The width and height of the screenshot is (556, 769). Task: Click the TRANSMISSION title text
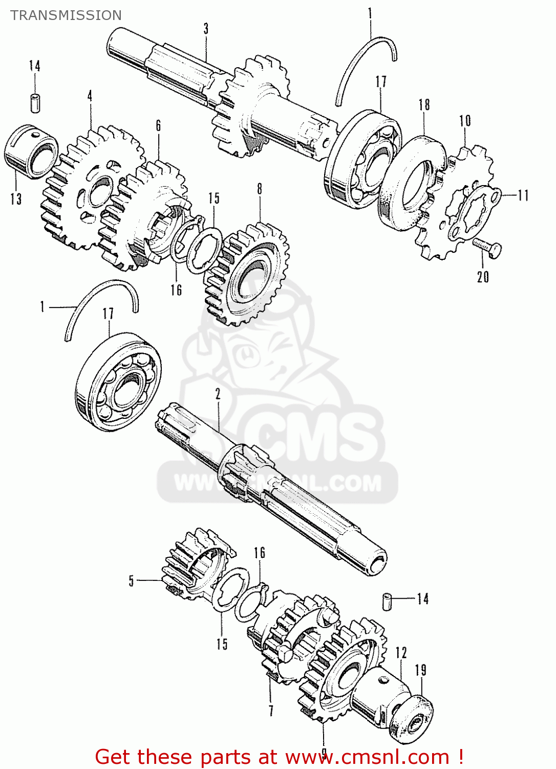(66, 15)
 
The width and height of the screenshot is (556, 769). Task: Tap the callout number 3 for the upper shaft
(206, 29)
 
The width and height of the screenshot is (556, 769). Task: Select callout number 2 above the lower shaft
(218, 394)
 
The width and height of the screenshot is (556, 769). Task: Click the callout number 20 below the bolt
(483, 277)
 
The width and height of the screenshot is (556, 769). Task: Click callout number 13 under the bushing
(16, 199)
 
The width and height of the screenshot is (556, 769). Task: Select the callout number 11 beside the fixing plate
(523, 195)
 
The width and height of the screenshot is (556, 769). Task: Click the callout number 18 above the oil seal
(424, 105)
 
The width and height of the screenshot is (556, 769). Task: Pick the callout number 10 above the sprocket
(465, 121)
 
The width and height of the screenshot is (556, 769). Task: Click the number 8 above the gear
(260, 189)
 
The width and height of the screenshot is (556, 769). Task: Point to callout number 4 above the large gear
(90, 95)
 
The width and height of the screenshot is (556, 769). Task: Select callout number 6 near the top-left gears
(158, 125)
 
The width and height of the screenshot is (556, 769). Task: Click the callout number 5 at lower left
(132, 581)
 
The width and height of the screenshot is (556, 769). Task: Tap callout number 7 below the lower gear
(271, 711)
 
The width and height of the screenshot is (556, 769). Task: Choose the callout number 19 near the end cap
(420, 670)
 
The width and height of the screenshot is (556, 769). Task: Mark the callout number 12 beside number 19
(401, 653)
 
